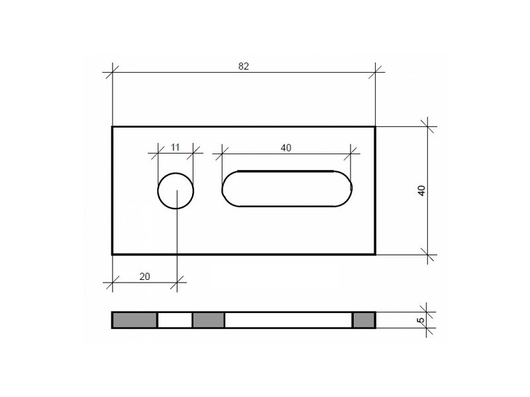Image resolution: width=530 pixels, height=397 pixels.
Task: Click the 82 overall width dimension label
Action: tap(243, 66)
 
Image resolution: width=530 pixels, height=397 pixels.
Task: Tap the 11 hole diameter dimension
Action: tap(175, 147)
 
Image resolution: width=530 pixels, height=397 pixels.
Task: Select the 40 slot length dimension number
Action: tap(286, 148)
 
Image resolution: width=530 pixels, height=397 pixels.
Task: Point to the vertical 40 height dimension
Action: tap(422, 191)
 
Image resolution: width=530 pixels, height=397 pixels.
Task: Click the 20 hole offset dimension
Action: tap(144, 277)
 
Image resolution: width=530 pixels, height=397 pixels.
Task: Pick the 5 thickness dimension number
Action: tap(421, 320)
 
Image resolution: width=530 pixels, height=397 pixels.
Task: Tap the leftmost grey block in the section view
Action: tap(135, 320)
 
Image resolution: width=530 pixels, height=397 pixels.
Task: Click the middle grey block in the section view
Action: tap(209, 320)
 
